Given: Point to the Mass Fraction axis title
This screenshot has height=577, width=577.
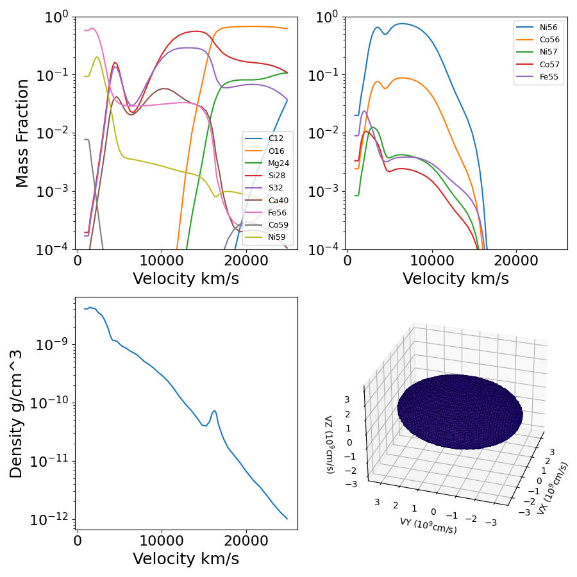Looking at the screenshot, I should click(22, 133).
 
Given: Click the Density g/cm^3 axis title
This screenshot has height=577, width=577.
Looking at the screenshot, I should click(16, 414).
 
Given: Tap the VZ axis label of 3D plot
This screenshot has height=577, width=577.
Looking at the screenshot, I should click(329, 444).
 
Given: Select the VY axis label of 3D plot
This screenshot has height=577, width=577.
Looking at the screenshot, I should click(428, 526).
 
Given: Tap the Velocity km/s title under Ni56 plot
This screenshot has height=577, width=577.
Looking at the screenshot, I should click(456, 279).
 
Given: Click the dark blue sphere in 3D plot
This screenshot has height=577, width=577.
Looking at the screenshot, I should click(460, 410).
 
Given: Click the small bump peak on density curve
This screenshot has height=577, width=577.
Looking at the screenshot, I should click(214, 411).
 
